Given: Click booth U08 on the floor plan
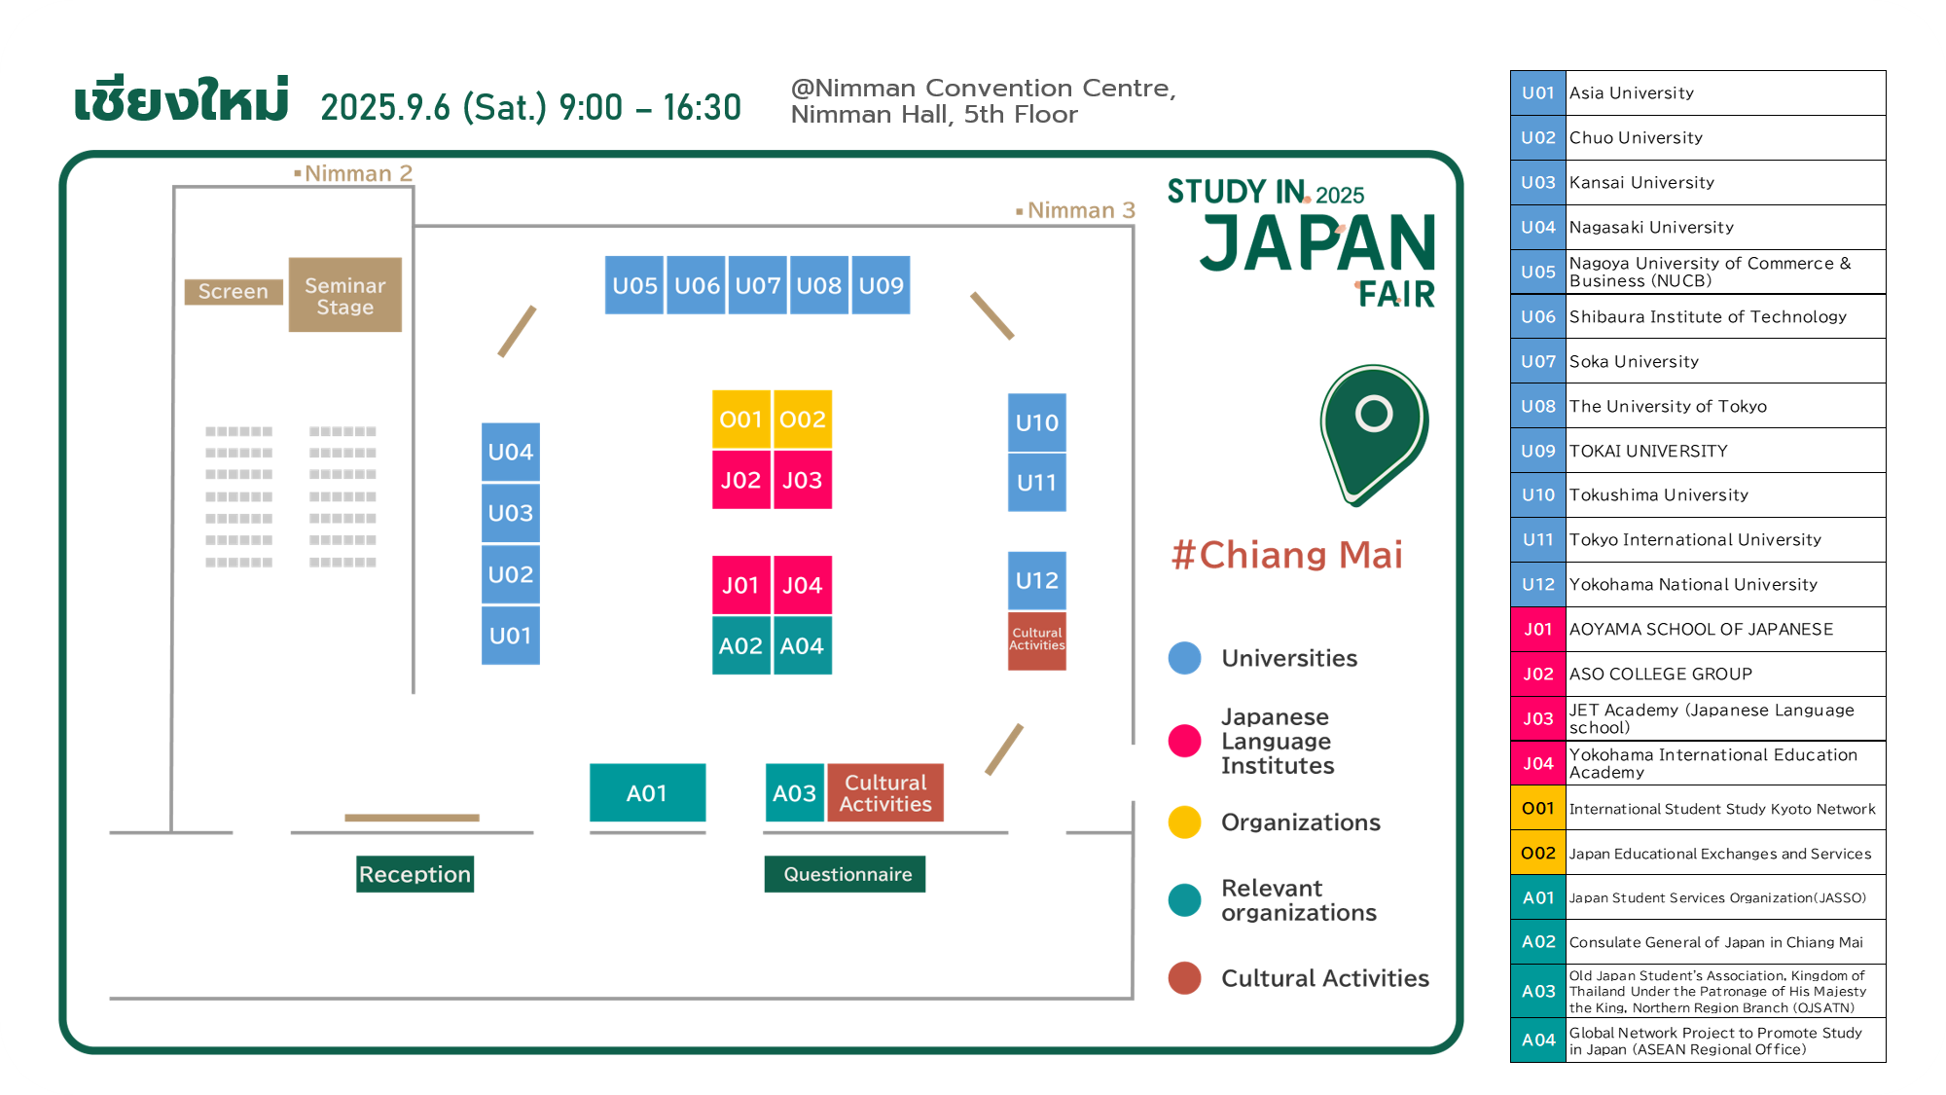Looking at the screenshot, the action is [819, 285].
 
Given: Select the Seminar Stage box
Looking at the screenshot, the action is [345, 295].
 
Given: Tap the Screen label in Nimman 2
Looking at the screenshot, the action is [234, 291].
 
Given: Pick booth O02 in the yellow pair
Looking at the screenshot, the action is [803, 420].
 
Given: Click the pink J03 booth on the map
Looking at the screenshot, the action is [803, 480].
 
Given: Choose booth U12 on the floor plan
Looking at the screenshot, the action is [1037, 581].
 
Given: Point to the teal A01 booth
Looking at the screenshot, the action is [648, 793].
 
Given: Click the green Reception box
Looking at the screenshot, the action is [415, 874].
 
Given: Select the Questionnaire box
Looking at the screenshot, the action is [846, 874].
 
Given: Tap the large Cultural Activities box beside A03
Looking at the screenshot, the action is [885, 793].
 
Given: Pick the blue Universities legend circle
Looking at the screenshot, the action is [1185, 658].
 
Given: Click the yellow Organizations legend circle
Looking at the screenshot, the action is [1185, 822].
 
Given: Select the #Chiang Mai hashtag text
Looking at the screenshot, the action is [1287, 555].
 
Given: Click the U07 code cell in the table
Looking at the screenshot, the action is [1538, 361].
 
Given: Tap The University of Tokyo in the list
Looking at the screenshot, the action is [1668, 406].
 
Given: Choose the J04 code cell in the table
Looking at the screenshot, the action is [1538, 763].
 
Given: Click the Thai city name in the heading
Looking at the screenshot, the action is [182, 100].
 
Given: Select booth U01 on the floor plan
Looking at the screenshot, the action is [511, 636].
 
